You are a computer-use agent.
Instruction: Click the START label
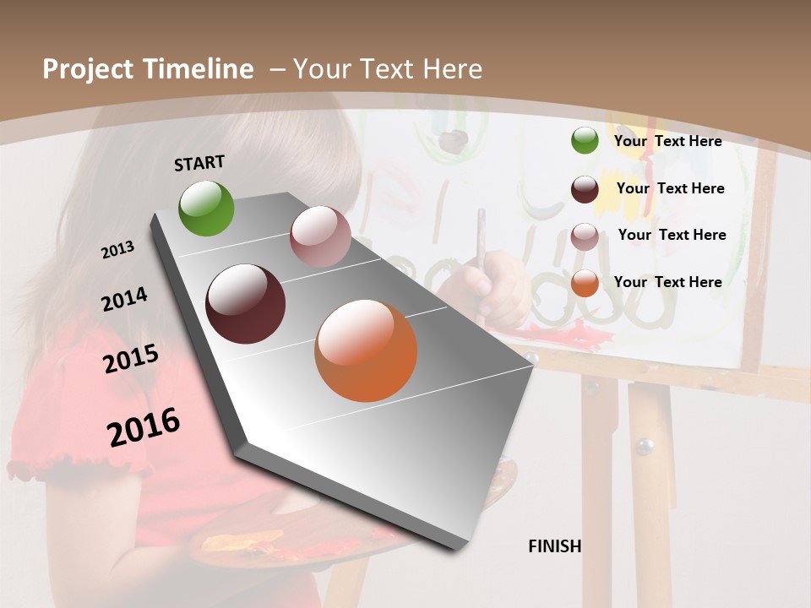(199, 162)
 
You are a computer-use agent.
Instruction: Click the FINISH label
(554, 546)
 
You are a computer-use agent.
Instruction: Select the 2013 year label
(118, 250)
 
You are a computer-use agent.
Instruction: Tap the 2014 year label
(124, 299)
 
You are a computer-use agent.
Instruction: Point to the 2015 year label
(130, 358)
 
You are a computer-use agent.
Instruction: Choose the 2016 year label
(144, 426)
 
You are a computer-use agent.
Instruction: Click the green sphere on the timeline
(206, 208)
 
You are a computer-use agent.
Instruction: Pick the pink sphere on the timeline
(320, 236)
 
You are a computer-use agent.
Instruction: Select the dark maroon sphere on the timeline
(246, 304)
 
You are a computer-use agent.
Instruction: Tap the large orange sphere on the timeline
(366, 350)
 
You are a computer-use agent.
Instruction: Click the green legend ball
(585, 140)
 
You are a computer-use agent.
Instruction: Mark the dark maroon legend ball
(585, 189)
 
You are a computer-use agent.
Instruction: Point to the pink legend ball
(585, 236)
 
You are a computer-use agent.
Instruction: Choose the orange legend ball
(585, 283)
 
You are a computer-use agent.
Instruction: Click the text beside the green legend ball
(667, 141)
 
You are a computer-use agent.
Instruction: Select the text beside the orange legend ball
(667, 282)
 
